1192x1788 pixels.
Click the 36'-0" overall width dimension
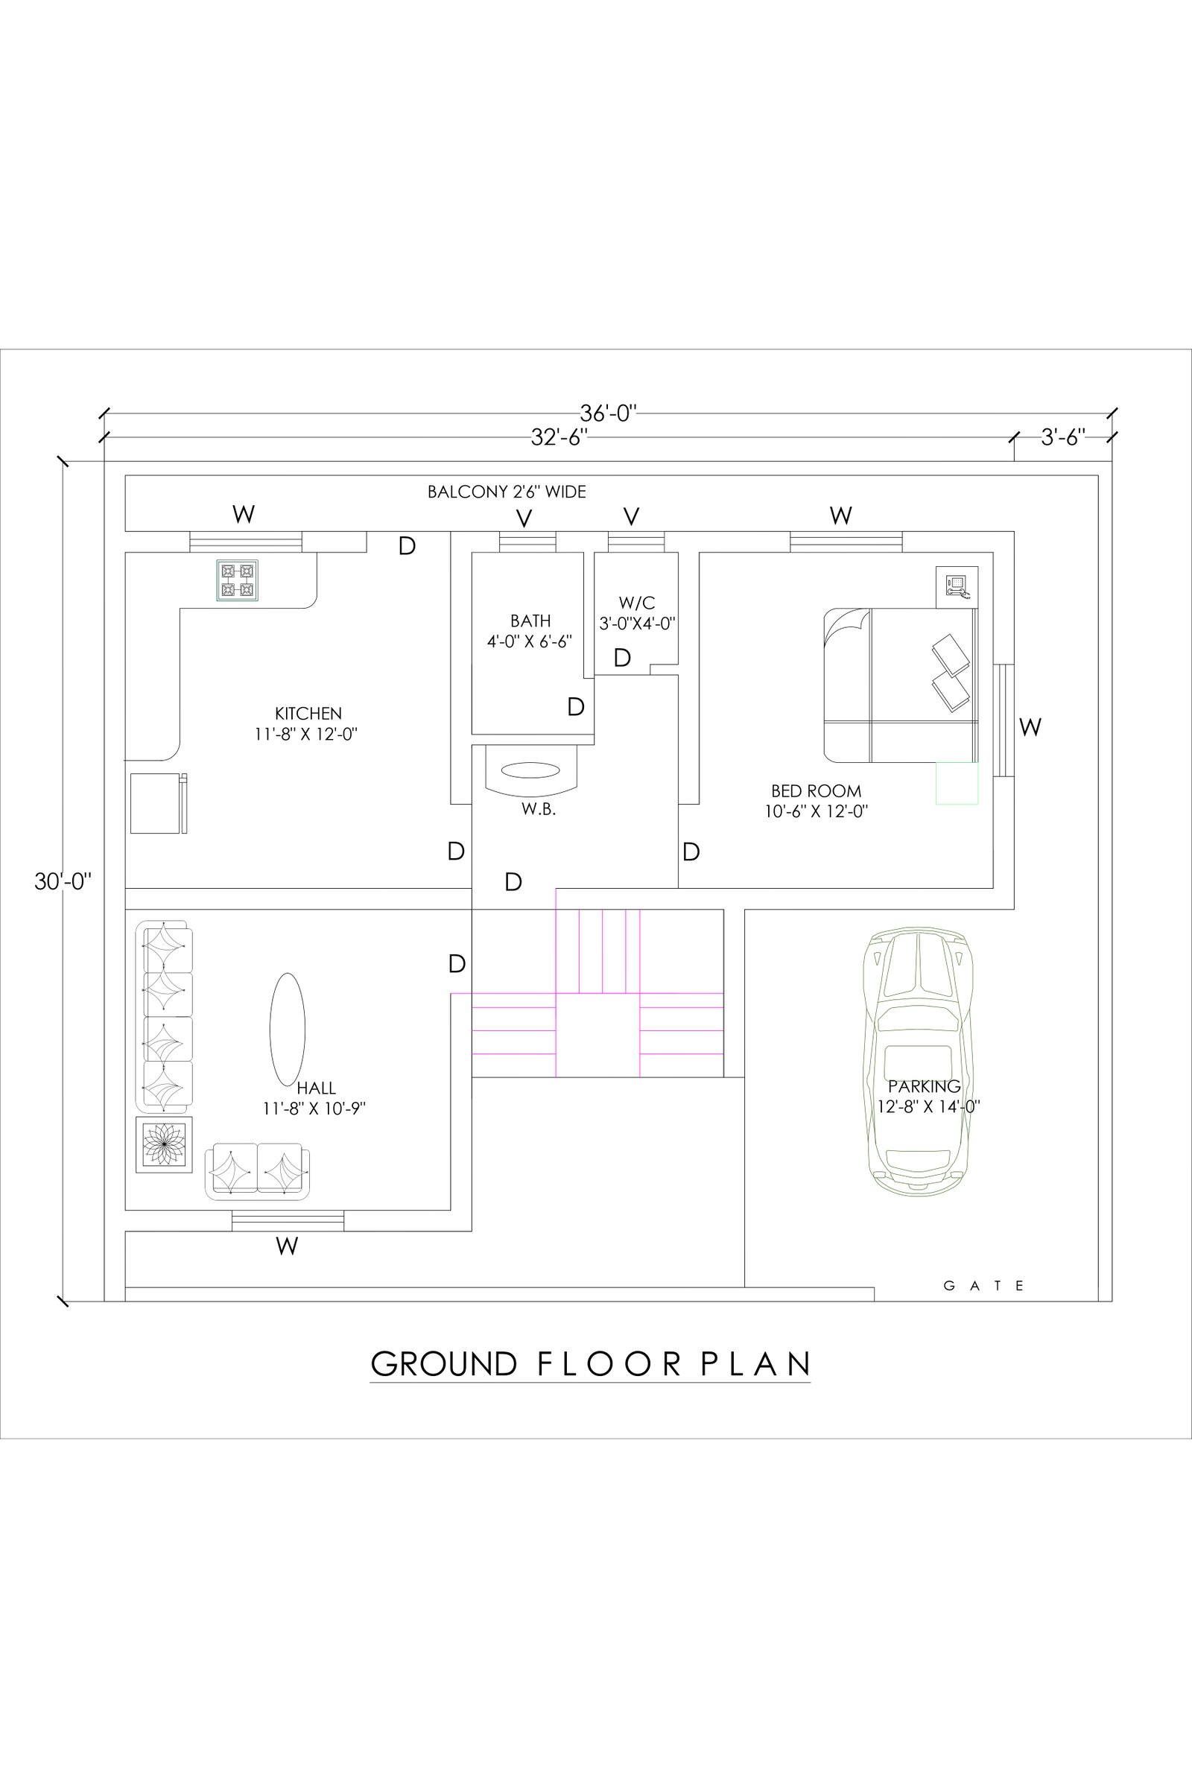pos(608,413)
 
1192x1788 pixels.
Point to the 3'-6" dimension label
pos(1063,437)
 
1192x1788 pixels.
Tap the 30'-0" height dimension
pos(63,881)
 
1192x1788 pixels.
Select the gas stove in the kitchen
pos(237,581)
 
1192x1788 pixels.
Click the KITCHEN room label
pos(308,713)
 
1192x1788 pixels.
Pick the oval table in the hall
pos(288,1030)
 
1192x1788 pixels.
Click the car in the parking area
pos(919,1059)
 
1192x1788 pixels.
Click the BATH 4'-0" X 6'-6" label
pos(530,631)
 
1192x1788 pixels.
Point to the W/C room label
pos(637,603)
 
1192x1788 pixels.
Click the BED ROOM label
pos(817,791)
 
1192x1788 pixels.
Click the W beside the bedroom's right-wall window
pos(1030,728)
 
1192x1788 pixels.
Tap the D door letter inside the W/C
pos(622,658)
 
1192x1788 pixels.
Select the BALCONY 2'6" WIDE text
pos(507,492)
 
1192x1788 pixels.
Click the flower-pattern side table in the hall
pos(164,1145)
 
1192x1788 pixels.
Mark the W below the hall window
pos(287,1246)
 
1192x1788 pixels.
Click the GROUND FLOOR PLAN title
pos(591,1364)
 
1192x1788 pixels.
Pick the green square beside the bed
pos(957,783)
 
